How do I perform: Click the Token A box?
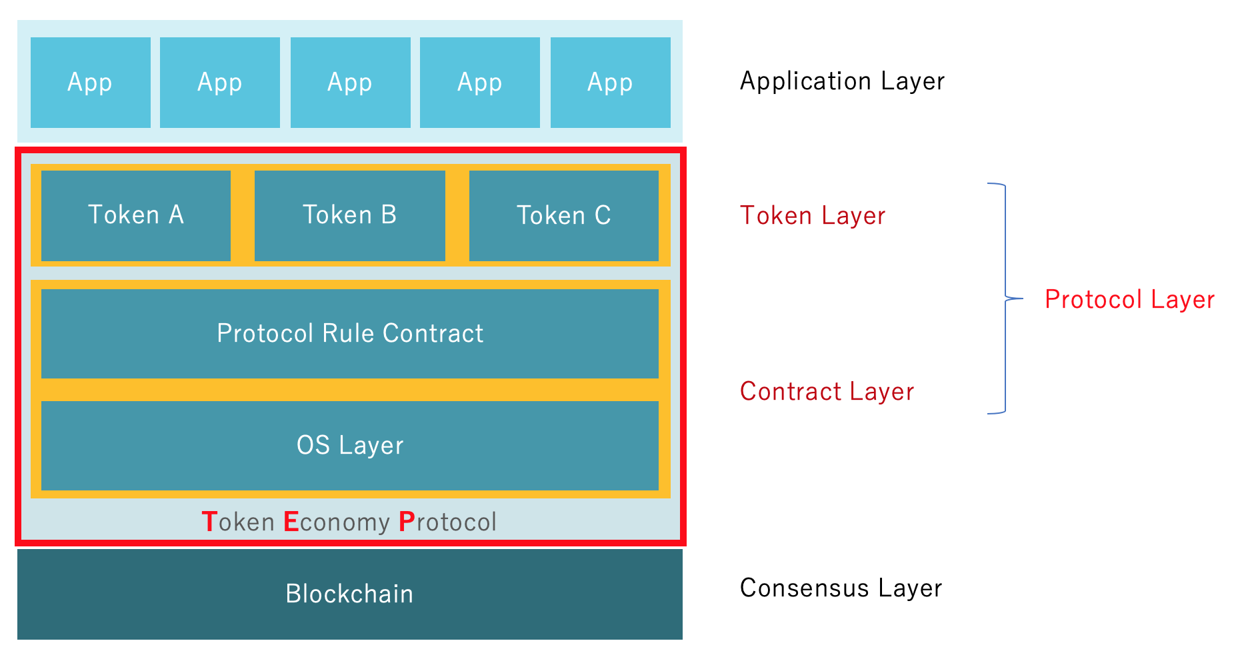tap(136, 215)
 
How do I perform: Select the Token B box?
tap(350, 215)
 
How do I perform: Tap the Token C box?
tap(564, 215)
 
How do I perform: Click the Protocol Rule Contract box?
tap(350, 333)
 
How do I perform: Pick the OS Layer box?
tap(350, 445)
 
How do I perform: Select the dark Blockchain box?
tap(350, 594)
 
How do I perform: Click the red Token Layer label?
tap(813, 216)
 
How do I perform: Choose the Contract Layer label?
tap(827, 392)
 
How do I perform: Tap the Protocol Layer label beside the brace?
tap(1129, 300)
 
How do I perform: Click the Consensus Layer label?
tap(841, 588)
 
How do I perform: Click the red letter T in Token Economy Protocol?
tap(209, 522)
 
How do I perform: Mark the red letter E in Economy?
tap(291, 522)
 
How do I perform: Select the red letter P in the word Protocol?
tap(406, 522)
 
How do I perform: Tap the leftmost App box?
tap(91, 83)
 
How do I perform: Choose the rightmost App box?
tap(611, 83)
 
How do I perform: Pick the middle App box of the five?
tap(351, 83)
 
